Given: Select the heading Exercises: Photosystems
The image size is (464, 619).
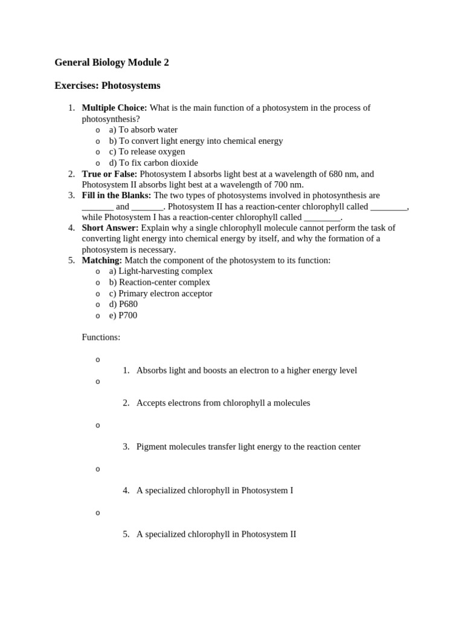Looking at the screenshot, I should coord(107,85).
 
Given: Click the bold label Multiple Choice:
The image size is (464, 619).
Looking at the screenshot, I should coord(114,108).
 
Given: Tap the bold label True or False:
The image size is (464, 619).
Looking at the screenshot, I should coord(109,173).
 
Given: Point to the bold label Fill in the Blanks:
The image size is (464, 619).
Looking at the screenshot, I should coord(117,195).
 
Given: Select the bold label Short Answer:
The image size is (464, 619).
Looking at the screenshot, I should coord(110,227).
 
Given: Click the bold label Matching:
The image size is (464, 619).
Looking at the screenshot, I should coord(101,260).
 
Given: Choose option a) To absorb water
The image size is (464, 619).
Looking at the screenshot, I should coord(143,129).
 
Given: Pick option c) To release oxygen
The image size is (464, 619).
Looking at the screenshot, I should coord(147,151).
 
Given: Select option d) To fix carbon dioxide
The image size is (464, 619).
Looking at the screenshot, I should coord(153,163).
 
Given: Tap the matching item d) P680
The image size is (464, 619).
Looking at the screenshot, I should coord(123,304).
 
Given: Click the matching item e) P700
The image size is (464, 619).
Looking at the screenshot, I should coord(123,315).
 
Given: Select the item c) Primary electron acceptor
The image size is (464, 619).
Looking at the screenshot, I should coord(160,293).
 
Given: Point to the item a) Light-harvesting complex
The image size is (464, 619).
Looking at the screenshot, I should coord(161,271).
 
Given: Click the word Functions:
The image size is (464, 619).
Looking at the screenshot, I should coord(101,337).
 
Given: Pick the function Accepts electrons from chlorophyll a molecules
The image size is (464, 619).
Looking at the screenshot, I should coord(223,403).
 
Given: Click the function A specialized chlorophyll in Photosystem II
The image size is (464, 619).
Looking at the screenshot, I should coord(216,534).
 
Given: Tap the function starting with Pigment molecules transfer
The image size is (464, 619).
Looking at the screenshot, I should coord(248,447).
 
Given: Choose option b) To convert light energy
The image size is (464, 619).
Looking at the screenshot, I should coord(196,140).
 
